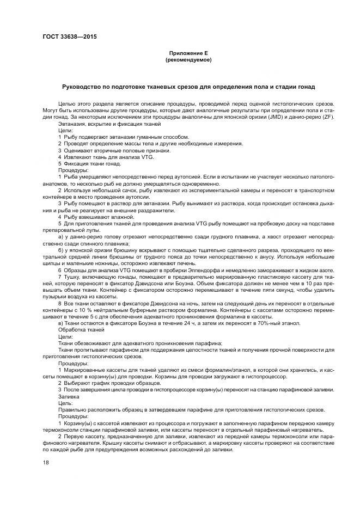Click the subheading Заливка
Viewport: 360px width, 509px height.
pyautogui.click(x=68, y=396)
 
